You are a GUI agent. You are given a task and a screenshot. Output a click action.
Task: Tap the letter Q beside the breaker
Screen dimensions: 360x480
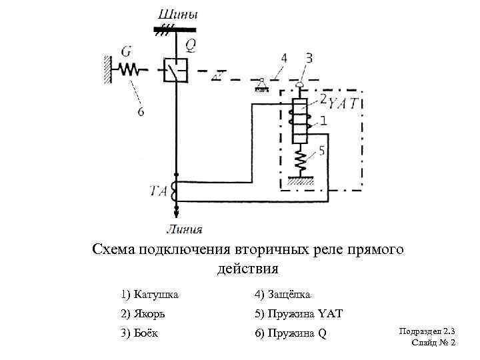click(191, 44)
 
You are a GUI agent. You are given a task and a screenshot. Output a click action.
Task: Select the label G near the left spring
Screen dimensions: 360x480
click(126, 51)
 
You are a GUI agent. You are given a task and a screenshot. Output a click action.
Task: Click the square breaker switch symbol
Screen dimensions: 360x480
click(175, 69)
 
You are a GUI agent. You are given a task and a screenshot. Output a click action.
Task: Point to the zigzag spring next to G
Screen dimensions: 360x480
click(128, 68)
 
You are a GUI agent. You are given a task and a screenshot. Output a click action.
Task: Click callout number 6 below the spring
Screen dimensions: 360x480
click(141, 111)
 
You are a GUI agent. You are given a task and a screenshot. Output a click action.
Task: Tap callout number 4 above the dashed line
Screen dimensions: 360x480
click(284, 58)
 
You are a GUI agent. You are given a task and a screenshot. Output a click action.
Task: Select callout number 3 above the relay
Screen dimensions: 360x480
click(308, 58)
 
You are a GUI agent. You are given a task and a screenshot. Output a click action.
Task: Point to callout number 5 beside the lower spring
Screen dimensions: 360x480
click(321, 151)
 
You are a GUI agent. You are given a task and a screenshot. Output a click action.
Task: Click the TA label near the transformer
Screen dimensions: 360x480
click(158, 191)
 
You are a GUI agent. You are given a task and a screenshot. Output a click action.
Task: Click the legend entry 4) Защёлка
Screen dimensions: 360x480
click(283, 294)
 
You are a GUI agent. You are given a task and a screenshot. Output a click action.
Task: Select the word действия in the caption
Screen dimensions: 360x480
click(247, 269)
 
